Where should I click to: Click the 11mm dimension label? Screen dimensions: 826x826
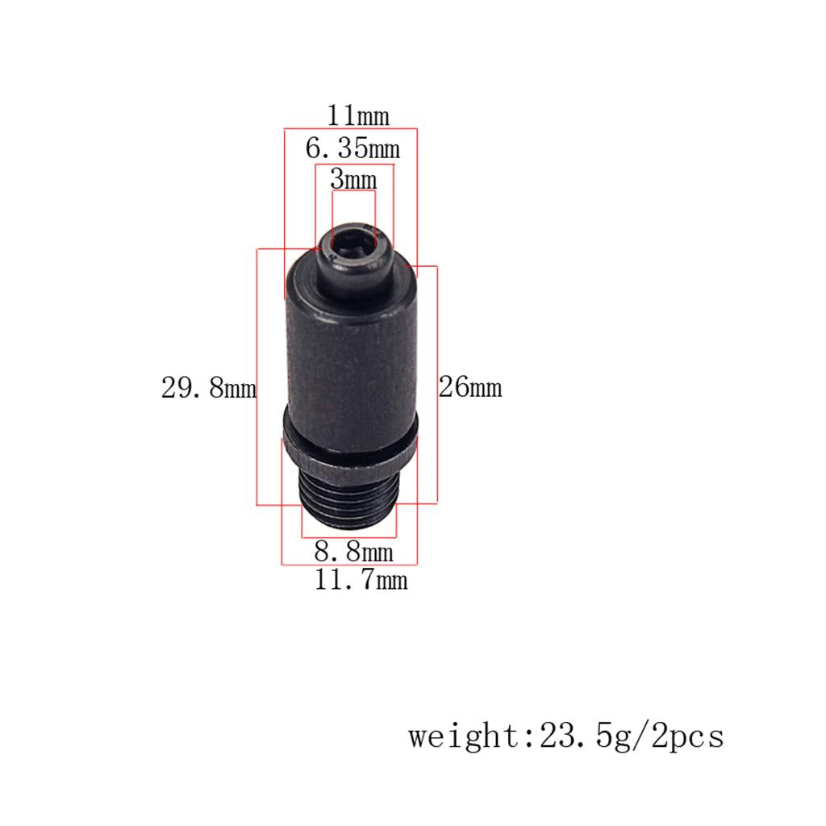(x=358, y=115)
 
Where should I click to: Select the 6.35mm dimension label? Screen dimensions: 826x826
(x=353, y=148)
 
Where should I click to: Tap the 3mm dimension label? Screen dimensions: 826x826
(x=353, y=179)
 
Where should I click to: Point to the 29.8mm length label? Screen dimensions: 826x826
(x=209, y=388)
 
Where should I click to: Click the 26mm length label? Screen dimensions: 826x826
(x=470, y=386)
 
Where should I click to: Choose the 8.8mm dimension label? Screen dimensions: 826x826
(x=354, y=551)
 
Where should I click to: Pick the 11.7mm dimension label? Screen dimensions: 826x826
(x=361, y=579)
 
